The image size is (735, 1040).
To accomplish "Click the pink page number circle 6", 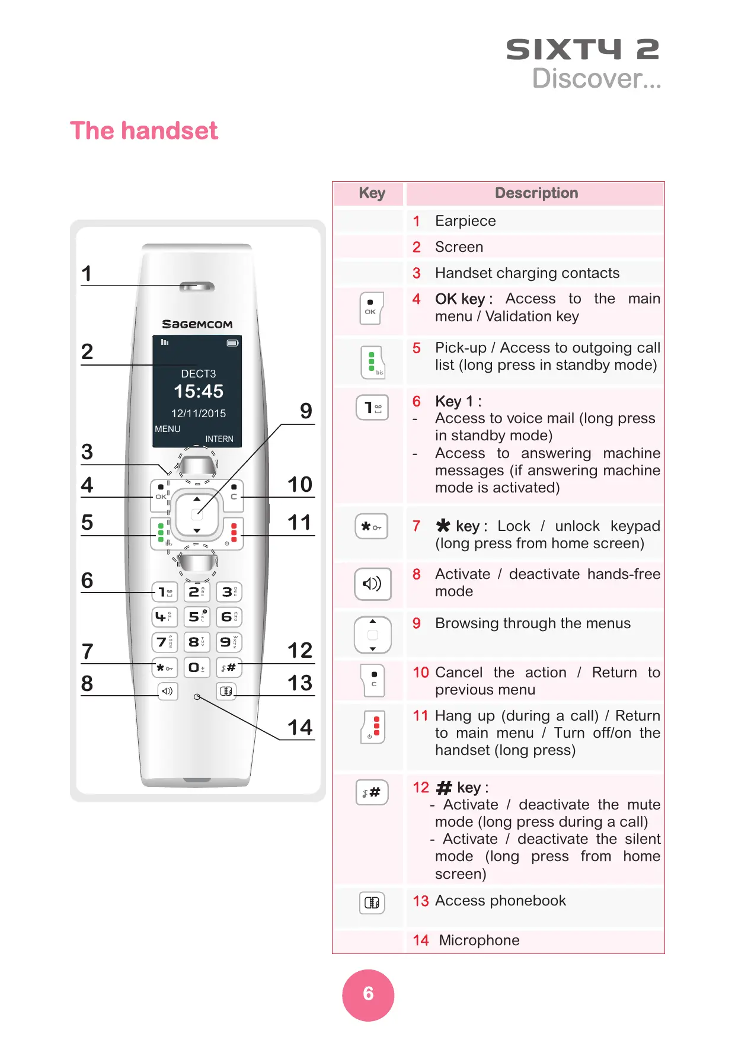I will (x=368, y=995).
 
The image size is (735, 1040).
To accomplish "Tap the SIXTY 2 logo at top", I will (x=582, y=50).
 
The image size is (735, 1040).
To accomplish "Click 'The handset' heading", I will (x=144, y=131).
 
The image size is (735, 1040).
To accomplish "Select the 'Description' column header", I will (x=536, y=193).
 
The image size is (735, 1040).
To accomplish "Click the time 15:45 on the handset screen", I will (x=199, y=391).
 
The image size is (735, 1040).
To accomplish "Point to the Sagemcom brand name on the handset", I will (x=197, y=324).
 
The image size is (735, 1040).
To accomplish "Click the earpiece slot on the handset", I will (x=197, y=287).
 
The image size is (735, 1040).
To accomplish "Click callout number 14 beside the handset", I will (x=300, y=727).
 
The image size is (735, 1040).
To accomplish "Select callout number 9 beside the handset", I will (x=306, y=411).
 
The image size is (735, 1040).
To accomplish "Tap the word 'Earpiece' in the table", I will (x=465, y=221).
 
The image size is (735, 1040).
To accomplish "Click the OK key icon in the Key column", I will (x=372, y=308).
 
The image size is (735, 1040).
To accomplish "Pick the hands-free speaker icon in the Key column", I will (x=372, y=584).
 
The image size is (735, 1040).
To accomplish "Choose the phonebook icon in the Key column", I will (x=372, y=903).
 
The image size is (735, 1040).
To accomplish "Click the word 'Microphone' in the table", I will (x=479, y=940).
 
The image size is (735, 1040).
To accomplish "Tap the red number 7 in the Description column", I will (x=417, y=526).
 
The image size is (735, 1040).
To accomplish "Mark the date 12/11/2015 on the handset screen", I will (x=199, y=414).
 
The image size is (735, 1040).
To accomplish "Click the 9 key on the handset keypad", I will (x=229, y=642).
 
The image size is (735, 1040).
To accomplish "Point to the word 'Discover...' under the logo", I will (x=596, y=79).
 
